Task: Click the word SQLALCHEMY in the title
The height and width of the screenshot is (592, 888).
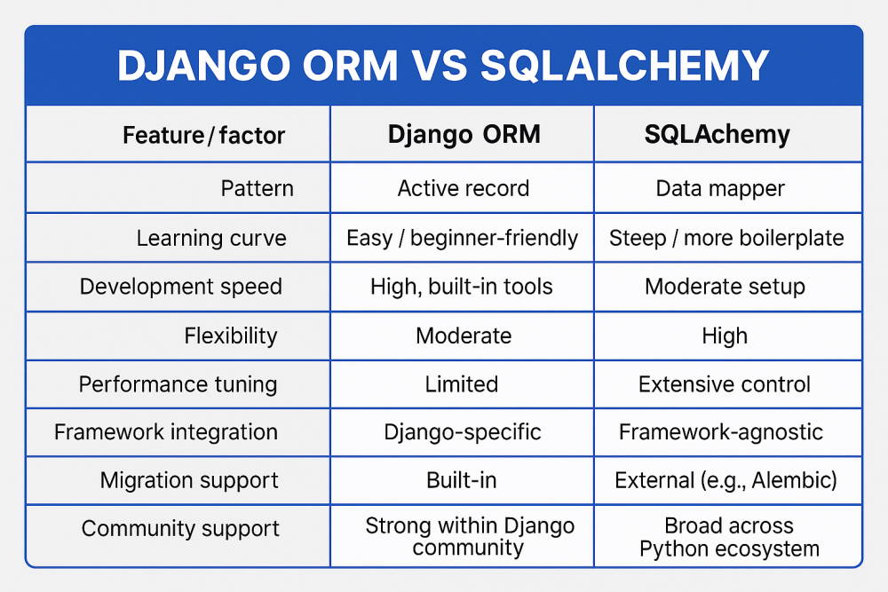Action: pyautogui.click(x=624, y=65)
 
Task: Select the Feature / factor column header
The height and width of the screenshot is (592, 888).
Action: pyautogui.click(x=203, y=135)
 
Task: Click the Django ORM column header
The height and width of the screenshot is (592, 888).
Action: pyautogui.click(x=464, y=135)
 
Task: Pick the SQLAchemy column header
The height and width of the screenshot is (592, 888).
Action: pyautogui.click(x=717, y=135)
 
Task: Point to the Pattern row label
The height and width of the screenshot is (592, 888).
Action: pyautogui.click(x=258, y=188)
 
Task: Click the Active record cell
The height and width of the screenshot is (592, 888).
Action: pyautogui.click(x=464, y=188)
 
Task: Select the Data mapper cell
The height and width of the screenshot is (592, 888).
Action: pyautogui.click(x=720, y=188)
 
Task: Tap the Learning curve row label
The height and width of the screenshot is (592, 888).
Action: pyautogui.click(x=211, y=238)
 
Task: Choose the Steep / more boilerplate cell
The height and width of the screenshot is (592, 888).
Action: pyautogui.click(x=726, y=238)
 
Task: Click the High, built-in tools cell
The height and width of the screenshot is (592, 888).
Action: pyautogui.click(x=462, y=287)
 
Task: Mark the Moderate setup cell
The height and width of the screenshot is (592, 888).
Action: pyautogui.click(x=725, y=287)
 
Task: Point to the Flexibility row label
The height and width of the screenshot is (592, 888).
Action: pyautogui.click(x=231, y=335)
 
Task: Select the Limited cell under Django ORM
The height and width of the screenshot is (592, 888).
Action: pyautogui.click(x=462, y=384)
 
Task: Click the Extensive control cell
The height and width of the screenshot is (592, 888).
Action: pyautogui.click(x=725, y=384)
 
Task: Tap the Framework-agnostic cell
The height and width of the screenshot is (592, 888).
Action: pyautogui.click(x=720, y=432)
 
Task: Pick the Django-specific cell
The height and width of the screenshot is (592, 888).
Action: pyautogui.click(x=462, y=432)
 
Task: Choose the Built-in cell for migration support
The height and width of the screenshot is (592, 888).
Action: pyautogui.click(x=462, y=480)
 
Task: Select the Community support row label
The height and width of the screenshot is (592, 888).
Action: pyautogui.click(x=180, y=529)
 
